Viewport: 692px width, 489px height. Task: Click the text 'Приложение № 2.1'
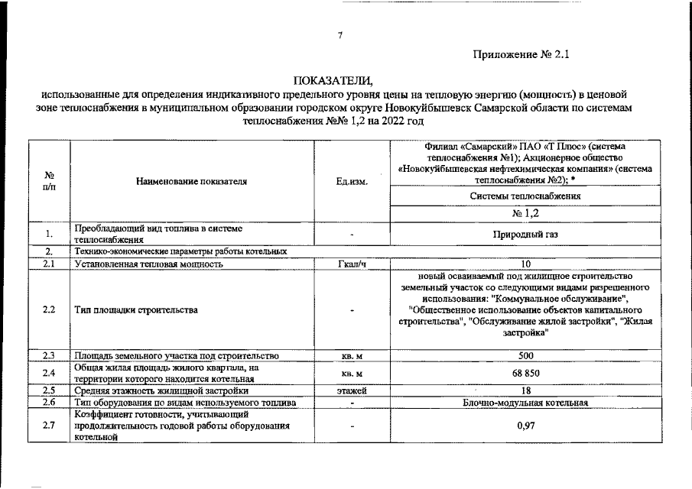[522, 55]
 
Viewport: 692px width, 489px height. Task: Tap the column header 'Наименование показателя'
[192, 182]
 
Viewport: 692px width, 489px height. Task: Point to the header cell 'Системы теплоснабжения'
[525, 196]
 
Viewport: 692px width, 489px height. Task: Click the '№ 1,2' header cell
[525, 213]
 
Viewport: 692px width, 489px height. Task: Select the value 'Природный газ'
[525, 235]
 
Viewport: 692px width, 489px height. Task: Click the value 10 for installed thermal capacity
[525, 264]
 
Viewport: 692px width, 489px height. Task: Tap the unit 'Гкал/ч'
[352, 264]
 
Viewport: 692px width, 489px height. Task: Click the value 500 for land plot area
[525, 356]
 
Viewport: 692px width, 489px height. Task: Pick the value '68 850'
[525, 373]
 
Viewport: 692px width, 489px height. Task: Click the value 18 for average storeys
[525, 390]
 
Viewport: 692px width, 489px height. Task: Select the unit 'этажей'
[352, 390]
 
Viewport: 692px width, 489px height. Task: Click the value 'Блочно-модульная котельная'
[525, 402]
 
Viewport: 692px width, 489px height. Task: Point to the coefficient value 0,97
[525, 426]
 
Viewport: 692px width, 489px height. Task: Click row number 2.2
[49, 310]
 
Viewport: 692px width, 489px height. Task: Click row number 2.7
[49, 426]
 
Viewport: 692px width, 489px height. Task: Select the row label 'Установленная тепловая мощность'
[148, 264]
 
